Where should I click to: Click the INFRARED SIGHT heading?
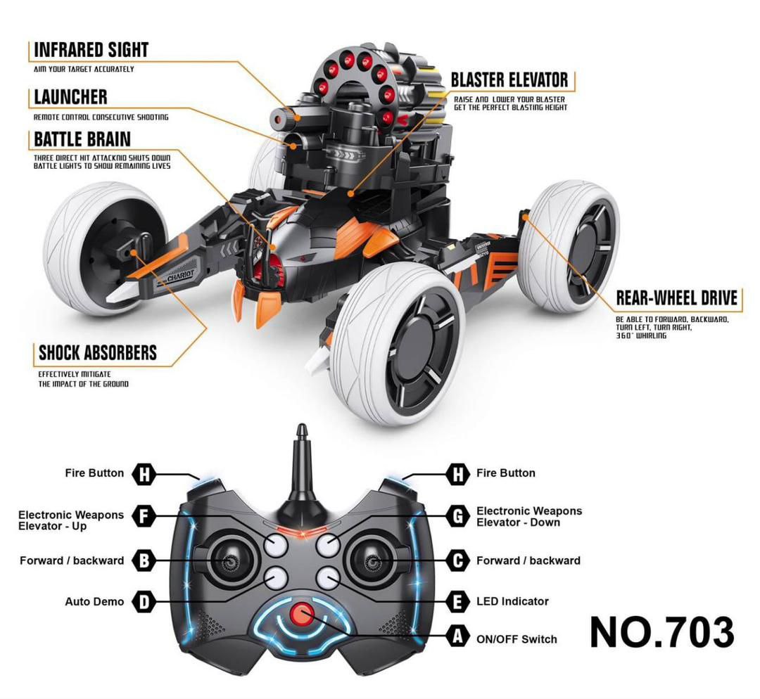pyautogui.click(x=91, y=50)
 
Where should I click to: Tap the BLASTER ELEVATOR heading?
pyautogui.click(x=509, y=80)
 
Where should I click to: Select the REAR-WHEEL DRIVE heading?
pyautogui.click(x=677, y=298)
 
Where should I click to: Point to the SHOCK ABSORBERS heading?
pyautogui.click(x=98, y=352)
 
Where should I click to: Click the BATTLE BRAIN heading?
pyautogui.click(x=82, y=139)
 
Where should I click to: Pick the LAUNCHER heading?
pyautogui.click(x=71, y=97)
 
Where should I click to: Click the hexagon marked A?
pyautogui.click(x=457, y=636)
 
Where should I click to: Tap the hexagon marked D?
pyautogui.click(x=144, y=602)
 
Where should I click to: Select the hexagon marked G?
pyautogui.click(x=457, y=516)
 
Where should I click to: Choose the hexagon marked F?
pyautogui.click(x=144, y=516)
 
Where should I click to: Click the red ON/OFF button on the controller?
pyautogui.click(x=302, y=614)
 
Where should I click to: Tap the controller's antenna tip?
pyautogui.click(x=301, y=428)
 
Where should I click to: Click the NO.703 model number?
pyautogui.click(x=661, y=632)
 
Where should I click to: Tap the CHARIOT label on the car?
pyautogui.click(x=180, y=275)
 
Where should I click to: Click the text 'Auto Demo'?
pyautogui.click(x=94, y=602)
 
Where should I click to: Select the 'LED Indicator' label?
pyautogui.click(x=512, y=601)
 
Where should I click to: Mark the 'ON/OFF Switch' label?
pyautogui.click(x=517, y=639)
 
